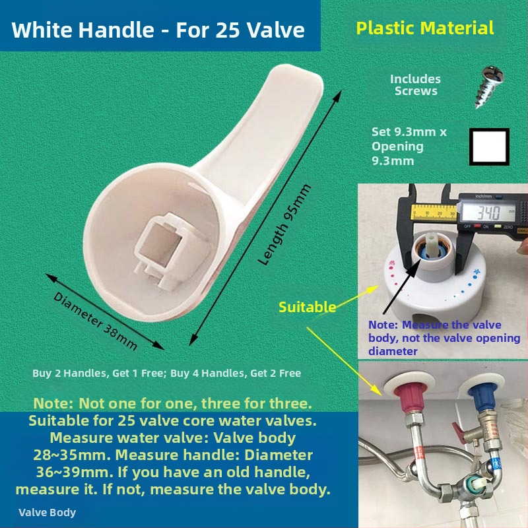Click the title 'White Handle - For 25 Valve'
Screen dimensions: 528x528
(158, 30)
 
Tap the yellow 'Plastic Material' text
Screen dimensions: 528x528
(425, 28)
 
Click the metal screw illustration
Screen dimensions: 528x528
(490, 87)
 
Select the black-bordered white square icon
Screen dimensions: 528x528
(489, 147)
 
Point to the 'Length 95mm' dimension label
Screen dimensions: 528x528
(284, 225)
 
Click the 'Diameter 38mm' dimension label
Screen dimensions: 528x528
(95, 321)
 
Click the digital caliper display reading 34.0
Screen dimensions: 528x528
(489, 213)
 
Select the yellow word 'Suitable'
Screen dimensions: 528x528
(308, 307)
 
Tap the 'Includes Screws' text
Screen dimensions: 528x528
(416, 85)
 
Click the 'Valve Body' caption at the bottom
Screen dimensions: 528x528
(47, 512)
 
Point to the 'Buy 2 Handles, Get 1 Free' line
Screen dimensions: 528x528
(98, 373)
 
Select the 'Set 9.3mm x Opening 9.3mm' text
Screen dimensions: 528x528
(409, 146)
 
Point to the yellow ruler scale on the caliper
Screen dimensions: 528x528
(434, 212)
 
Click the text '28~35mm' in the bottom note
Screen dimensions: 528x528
(72, 455)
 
